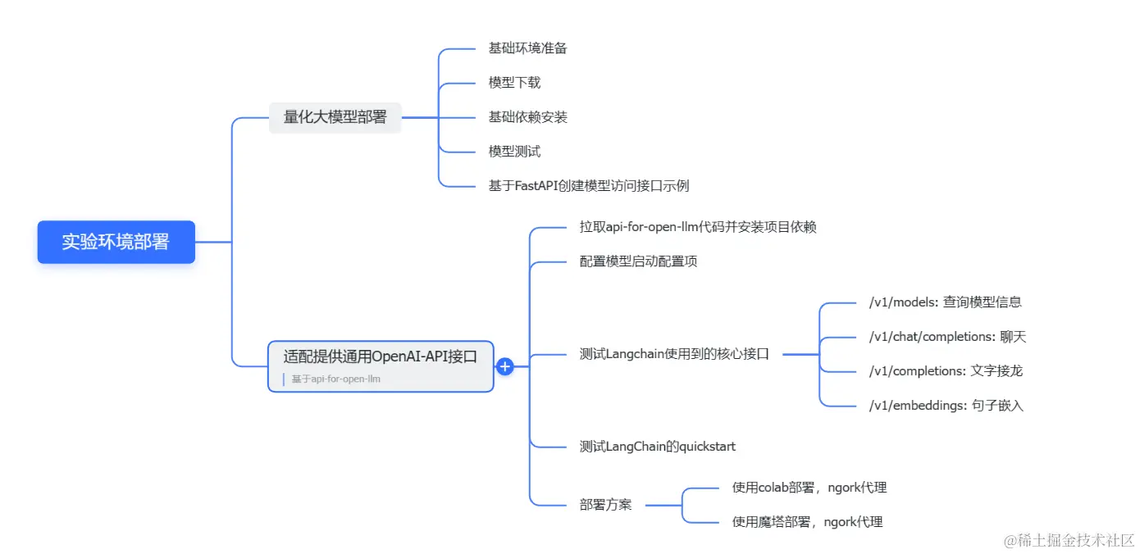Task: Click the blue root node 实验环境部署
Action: tap(116, 242)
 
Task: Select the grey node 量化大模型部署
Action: tap(335, 117)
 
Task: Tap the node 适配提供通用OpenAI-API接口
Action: tap(381, 356)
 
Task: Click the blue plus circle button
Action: tap(505, 366)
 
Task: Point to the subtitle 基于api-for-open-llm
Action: tap(335, 379)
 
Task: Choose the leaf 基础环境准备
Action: tap(527, 48)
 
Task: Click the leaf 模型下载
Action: tap(514, 83)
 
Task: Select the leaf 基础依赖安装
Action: tap(527, 117)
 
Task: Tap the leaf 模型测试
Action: tap(514, 152)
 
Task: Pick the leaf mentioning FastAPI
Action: tap(588, 186)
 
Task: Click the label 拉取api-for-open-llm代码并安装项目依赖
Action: tap(697, 227)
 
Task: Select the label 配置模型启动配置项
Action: tap(638, 261)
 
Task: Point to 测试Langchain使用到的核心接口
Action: tap(674, 355)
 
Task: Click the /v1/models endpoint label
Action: tap(945, 302)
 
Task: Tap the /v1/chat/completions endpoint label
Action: tap(947, 337)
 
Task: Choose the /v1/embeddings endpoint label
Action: tap(946, 406)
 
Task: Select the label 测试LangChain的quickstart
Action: tap(657, 447)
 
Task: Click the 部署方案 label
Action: tap(605, 506)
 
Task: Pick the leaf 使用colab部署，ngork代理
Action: tap(809, 488)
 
